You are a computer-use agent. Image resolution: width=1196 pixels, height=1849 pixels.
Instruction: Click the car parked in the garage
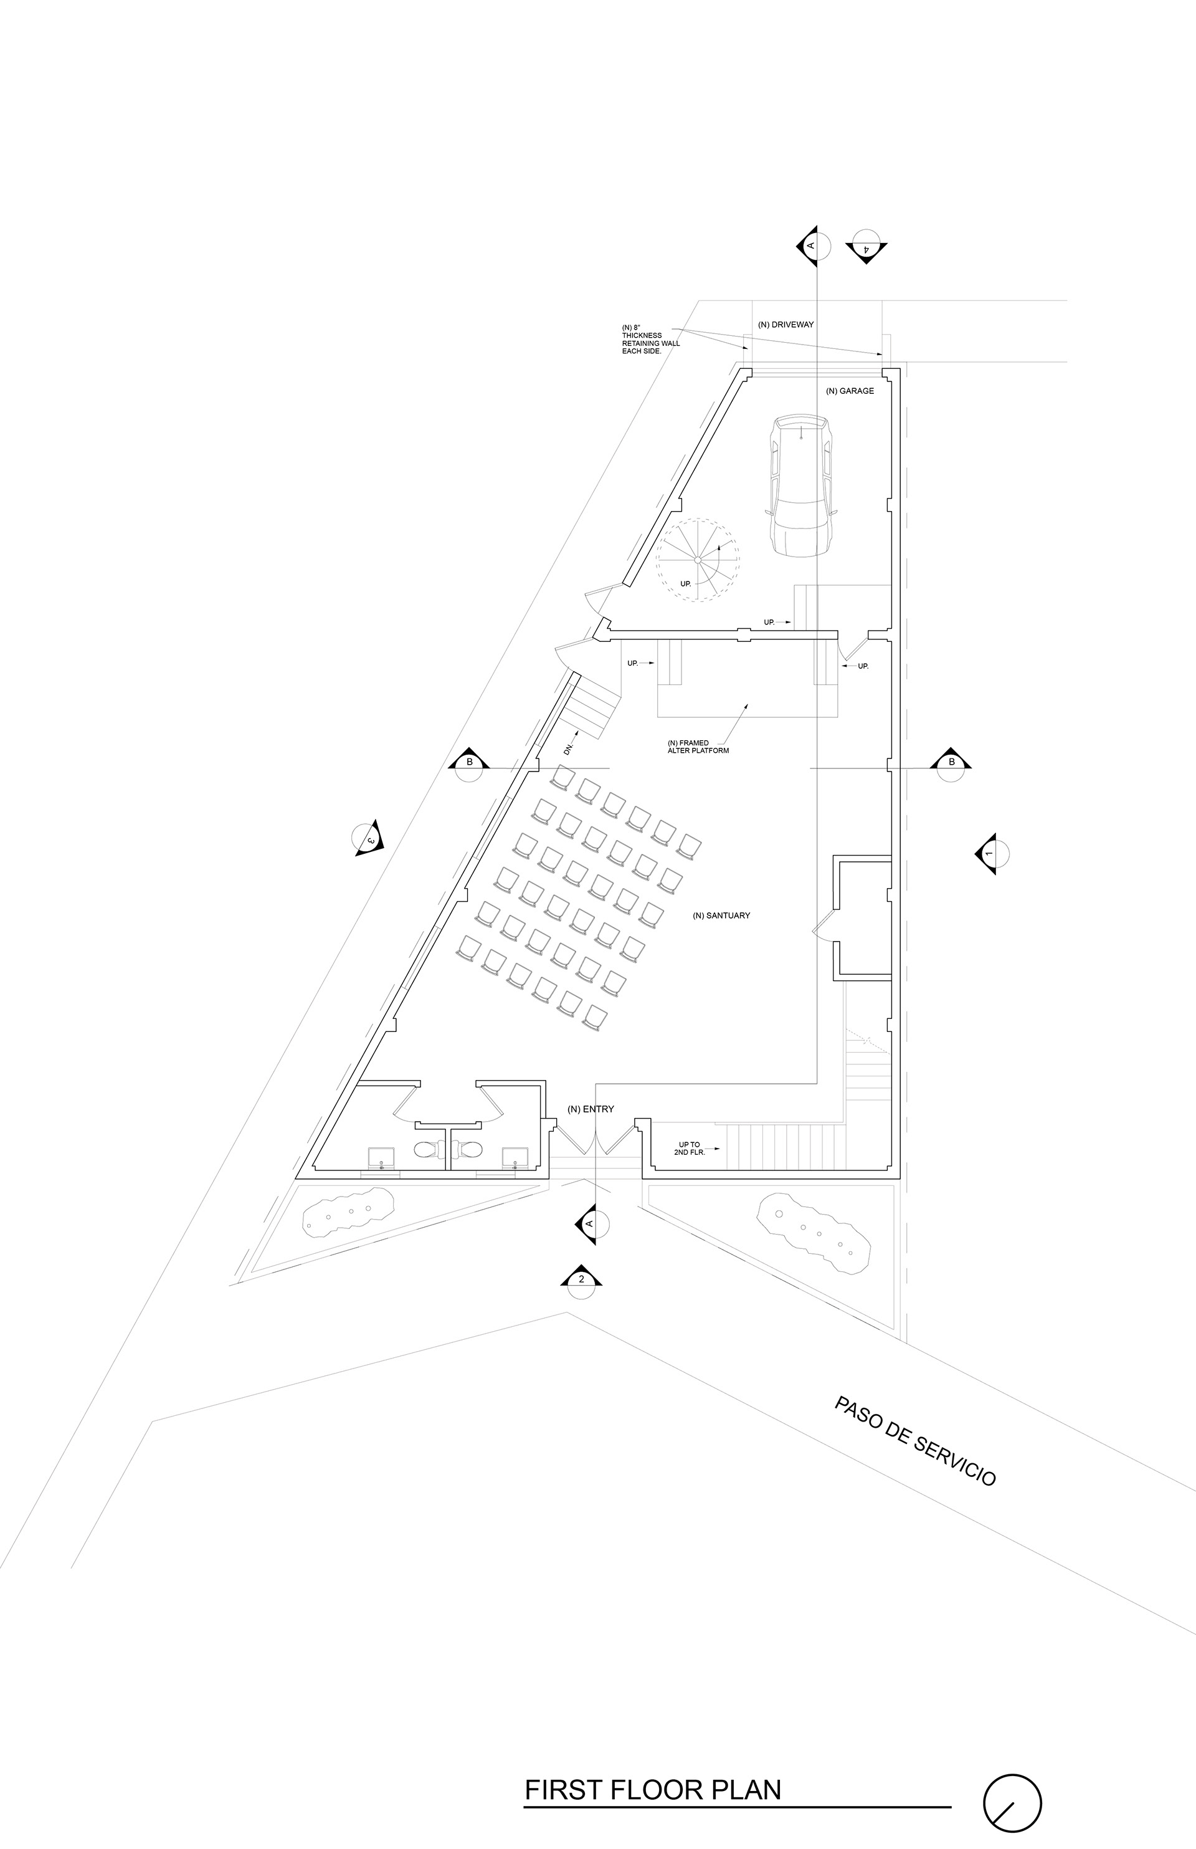click(800, 485)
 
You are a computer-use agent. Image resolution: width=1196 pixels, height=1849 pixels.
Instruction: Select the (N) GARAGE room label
click(850, 391)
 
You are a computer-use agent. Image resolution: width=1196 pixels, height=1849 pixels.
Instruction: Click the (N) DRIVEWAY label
click(785, 324)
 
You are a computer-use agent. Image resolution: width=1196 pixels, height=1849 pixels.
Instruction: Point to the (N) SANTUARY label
click(721, 916)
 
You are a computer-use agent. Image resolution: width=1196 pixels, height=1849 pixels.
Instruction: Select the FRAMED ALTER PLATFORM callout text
click(698, 747)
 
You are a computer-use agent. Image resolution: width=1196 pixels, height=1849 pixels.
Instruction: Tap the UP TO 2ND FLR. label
click(689, 1149)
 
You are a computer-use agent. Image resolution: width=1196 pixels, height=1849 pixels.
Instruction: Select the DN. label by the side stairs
click(569, 748)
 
